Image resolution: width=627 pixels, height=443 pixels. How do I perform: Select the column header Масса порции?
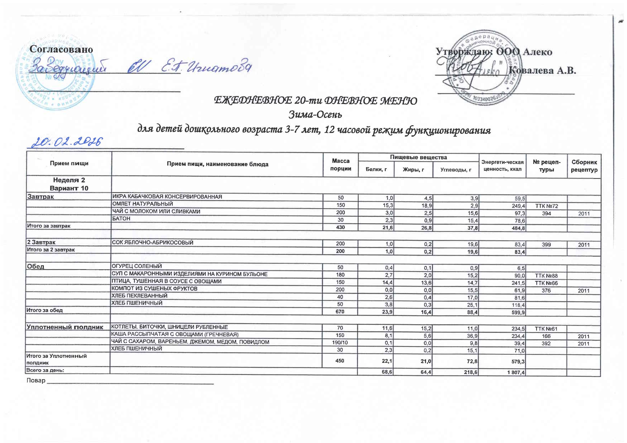(340, 165)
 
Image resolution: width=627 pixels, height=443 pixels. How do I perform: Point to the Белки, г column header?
(376, 170)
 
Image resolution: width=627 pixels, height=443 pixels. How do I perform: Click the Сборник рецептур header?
(584, 166)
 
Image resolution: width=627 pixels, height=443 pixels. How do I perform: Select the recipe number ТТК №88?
(546, 276)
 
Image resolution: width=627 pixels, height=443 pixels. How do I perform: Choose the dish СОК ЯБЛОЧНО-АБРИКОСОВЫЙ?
(152, 243)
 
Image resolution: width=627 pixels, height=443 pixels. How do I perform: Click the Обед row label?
(36, 266)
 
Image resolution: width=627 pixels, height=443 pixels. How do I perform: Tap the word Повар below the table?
(36, 380)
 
